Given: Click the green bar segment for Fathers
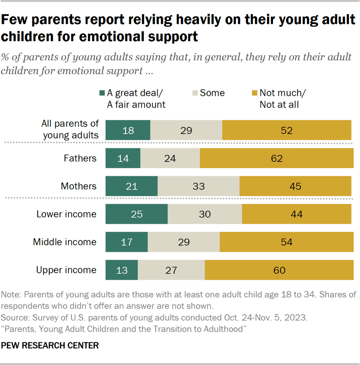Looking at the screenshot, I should pos(123,159).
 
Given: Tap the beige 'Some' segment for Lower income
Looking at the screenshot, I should pos(204,214).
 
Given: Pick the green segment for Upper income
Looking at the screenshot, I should pos(121,270).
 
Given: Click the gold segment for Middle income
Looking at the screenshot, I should pos(286,242).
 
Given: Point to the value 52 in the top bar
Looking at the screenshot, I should pos(286,131).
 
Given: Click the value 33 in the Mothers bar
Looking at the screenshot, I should pos(198,186).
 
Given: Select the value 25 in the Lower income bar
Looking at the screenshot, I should pos(136,214).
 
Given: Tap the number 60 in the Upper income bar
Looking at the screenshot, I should pos(279,270).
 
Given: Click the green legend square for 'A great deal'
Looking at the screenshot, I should pos(102,93).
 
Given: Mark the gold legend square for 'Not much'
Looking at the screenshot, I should pos(254,93).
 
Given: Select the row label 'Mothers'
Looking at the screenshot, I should pos(78,186).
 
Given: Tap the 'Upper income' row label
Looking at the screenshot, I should pos(66,270).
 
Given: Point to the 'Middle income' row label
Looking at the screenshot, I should pos(65,242).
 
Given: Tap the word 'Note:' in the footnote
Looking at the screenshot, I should pos(12,296).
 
